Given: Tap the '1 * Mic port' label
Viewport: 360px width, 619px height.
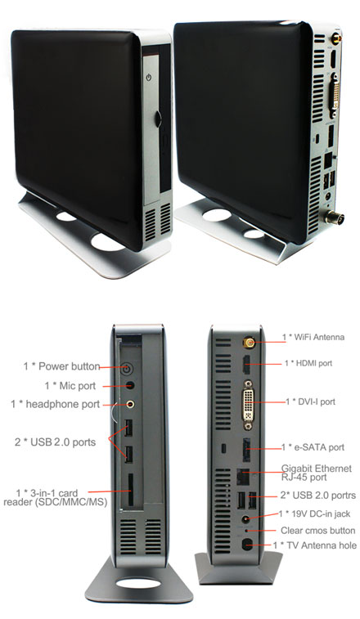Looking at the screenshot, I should [x=78, y=384].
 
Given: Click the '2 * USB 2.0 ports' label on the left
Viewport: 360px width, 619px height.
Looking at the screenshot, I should [x=56, y=442].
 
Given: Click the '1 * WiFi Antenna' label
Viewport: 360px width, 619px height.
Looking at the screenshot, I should [x=313, y=336].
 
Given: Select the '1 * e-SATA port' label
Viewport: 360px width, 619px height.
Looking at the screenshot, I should [x=313, y=447].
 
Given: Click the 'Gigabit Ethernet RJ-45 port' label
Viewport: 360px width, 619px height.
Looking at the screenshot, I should [x=315, y=473].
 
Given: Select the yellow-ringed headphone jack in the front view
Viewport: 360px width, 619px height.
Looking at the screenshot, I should [x=129, y=402].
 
